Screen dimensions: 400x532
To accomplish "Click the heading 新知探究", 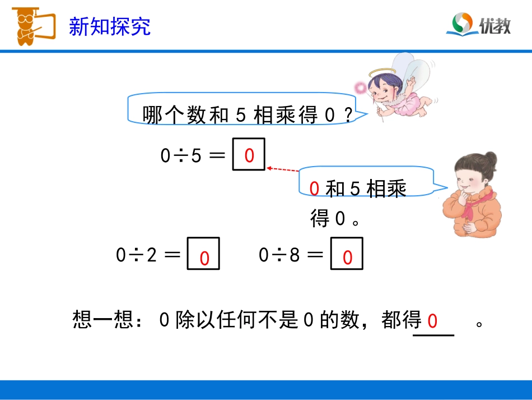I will pyautogui.click(x=110, y=26).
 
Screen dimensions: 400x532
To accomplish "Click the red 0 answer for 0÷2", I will pyautogui.click(x=204, y=259).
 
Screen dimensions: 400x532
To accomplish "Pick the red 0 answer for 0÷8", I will pyautogui.click(x=347, y=258).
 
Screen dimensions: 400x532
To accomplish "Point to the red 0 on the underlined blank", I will pyautogui.click(x=432, y=321).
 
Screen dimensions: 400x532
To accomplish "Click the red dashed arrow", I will pyautogui.click(x=283, y=169).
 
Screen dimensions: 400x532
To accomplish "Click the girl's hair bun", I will pyautogui.click(x=491, y=158).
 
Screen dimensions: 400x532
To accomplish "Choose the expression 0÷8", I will pyautogui.click(x=279, y=255).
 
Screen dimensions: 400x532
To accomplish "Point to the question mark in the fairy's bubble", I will pyautogui.click(x=348, y=116).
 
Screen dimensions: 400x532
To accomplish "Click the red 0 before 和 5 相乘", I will pyautogui.click(x=314, y=190).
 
